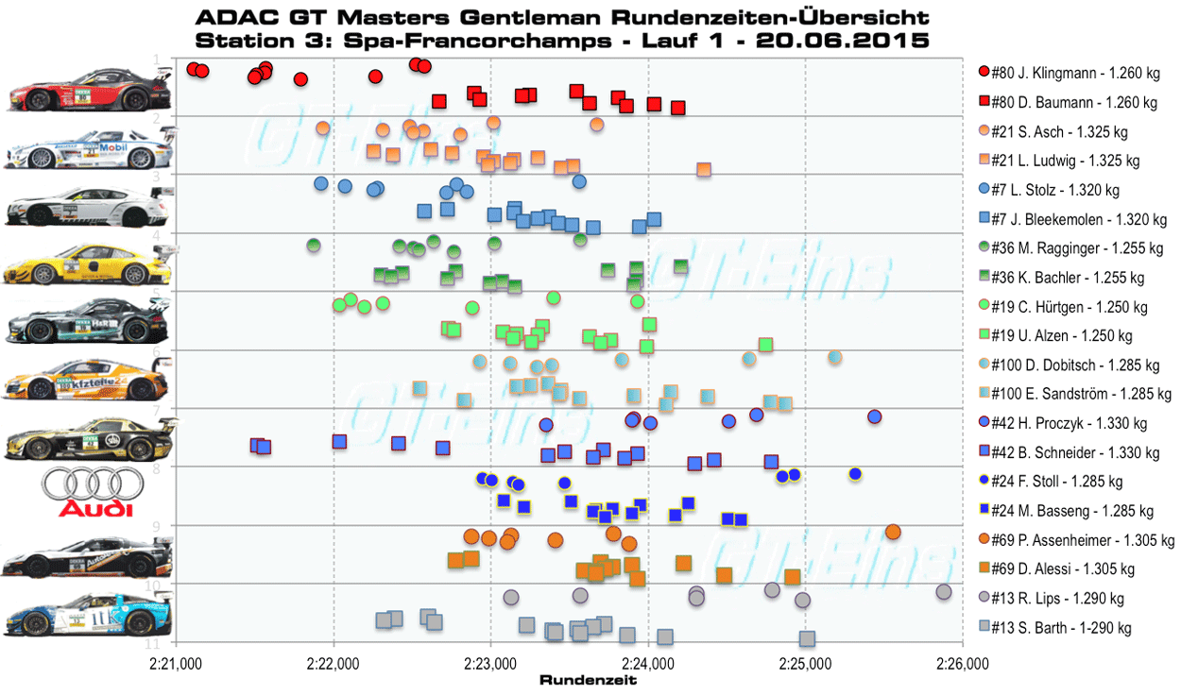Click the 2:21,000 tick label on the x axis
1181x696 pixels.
coord(176,665)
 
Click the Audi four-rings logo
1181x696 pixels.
coord(88,492)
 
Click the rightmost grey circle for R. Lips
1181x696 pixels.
coord(943,592)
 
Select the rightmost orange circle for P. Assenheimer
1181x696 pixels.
coord(893,532)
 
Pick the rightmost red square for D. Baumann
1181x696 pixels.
coord(677,108)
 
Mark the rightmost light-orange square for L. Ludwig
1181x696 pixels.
coord(703,170)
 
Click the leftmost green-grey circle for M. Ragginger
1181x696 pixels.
coord(314,246)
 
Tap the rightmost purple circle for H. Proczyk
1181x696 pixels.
coord(874,416)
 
